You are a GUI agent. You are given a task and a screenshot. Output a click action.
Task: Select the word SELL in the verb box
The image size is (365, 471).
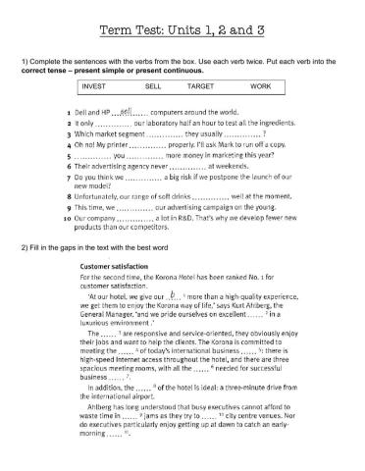[152, 86]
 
